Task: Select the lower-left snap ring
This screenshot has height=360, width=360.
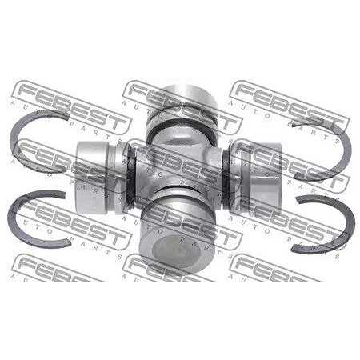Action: click(x=11, y=218)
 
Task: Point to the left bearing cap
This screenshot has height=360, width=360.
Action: click(x=100, y=178)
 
